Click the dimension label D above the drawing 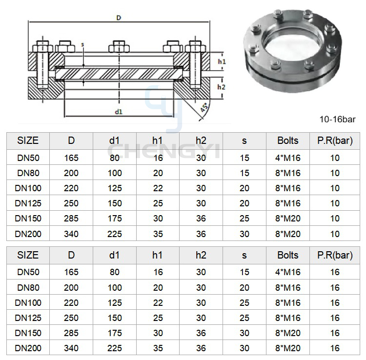[x=119, y=18]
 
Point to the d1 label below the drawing [x=119, y=112]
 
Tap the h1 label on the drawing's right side [x=222, y=61]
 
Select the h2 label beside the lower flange [x=221, y=87]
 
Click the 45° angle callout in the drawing [x=204, y=107]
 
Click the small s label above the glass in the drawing [x=82, y=44]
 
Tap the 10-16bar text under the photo [x=337, y=120]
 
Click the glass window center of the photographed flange [x=291, y=46]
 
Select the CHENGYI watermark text [x=163, y=151]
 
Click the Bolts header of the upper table [x=288, y=140]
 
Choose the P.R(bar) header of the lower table [x=335, y=255]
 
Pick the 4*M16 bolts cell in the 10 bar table [x=288, y=158]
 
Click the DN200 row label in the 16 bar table [x=28, y=348]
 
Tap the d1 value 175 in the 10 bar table [x=115, y=219]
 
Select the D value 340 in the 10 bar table [x=71, y=234]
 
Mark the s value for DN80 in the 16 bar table [x=244, y=287]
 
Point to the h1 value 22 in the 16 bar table [x=158, y=302]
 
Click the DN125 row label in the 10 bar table [x=28, y=203]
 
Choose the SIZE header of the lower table [x=28, y=255]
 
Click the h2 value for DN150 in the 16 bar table [x=201, y=333]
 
